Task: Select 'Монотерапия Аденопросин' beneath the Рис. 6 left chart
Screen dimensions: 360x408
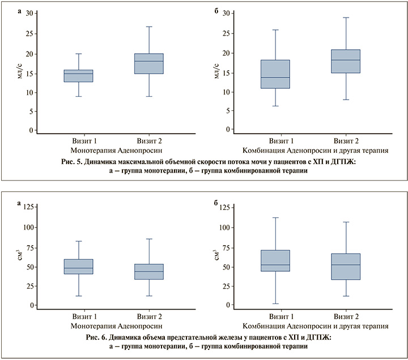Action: pyautogui.click(x=116, y=326)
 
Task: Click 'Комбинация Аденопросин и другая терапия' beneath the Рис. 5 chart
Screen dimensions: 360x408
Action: pyautogui.click(x=315, y=151)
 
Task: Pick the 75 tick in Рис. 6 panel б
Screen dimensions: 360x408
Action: pyautogui.click(x=224, y=247)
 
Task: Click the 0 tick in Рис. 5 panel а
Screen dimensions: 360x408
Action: pyautogui.click(x=31, y=131)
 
